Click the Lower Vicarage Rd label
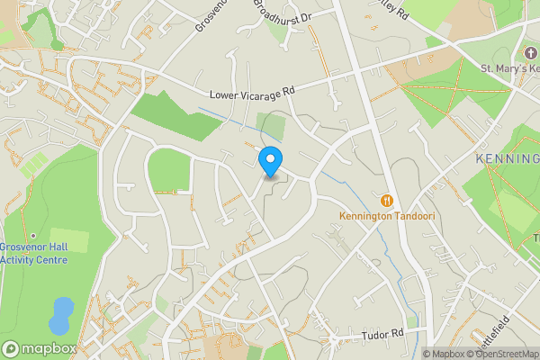tap(252, 92)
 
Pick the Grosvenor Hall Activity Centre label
tap(34, 254)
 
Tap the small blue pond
tap(60, 315)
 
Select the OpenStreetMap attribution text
tap(508, 354)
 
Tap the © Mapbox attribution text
tap(445, 354)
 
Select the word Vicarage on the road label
tap(261, 92)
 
